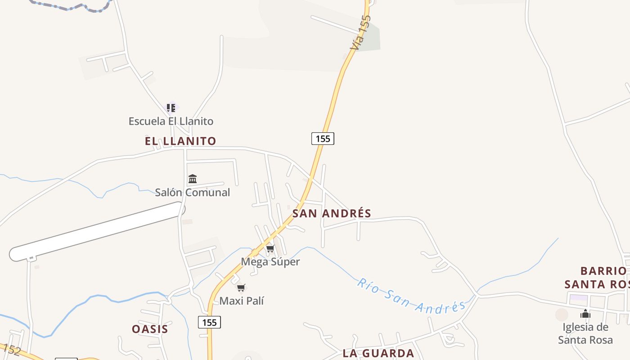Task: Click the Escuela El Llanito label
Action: click(x=171, y=121)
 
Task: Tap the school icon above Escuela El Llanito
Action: click(x=171, y=108)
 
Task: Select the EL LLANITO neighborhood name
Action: click(x=180, y=141)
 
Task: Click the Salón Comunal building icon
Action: click(x=193, y=179)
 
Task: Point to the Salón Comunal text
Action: click(x=193, y=192)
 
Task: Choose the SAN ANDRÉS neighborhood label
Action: click(x=332, y=213)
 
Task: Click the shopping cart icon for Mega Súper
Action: click(x=270, y=248)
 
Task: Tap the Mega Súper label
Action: click(x=270, y=261)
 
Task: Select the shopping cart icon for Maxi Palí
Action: click(x=241, y=288)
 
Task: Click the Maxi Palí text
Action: click(x=241, y=301)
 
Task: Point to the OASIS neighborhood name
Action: click(x=150, y=329)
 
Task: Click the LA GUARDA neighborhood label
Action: click(x=378, y=353)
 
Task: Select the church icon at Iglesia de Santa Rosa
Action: click(x=585, y=314)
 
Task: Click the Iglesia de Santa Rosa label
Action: click(x=585, y=333)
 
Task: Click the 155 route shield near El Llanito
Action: click(x=323, y=139)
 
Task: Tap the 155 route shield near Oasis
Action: click(x=209, y=322)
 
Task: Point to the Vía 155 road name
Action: click(x=361, y=32)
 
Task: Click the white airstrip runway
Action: click(x=97, y=231)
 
